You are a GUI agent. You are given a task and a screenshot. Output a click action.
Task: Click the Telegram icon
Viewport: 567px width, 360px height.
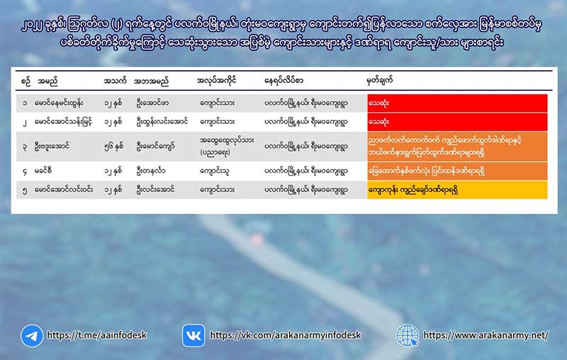(x=32, y=336)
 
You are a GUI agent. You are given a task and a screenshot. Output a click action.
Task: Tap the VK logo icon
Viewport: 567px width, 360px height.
(x=193, y=336)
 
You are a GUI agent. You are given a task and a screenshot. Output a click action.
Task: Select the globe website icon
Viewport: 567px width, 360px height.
(x=407, y=335)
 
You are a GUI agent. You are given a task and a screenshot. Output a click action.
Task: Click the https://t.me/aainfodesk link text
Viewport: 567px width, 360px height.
(x=97, y=335)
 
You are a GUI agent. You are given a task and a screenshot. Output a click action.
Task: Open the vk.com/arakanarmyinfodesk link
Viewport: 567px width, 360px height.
(x=286, y=335)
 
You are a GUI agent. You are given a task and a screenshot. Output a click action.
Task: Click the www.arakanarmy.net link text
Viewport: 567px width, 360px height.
(x=486, y=335)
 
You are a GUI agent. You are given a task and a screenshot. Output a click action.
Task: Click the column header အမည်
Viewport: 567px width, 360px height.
(x=47, y=81)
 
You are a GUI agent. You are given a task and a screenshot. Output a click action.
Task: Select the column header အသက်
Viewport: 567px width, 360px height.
(x=115, y=81)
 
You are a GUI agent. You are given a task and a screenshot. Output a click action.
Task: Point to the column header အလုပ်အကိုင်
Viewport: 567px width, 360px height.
(x=216, y=80)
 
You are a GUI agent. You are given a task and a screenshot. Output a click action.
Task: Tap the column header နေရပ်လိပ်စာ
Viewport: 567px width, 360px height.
(x=283, y=80)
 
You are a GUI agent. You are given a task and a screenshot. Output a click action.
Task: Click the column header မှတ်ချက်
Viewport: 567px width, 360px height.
(x=379, y=80)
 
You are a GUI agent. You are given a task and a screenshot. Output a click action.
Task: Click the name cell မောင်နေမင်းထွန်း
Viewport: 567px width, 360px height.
(x=59, y=103)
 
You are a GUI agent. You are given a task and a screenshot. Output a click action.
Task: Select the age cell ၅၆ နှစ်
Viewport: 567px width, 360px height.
(x=113, y=147)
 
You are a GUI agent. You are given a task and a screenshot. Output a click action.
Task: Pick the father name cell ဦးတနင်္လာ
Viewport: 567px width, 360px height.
(x=151, y=171)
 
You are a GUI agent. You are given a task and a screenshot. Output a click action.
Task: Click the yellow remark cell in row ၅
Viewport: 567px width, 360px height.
(x=457, y=190)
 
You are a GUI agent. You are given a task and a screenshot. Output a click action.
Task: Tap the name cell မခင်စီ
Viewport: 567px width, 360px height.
(x=43, y=171)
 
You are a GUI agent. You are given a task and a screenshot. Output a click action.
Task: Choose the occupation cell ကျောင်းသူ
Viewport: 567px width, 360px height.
(x=215, y=171)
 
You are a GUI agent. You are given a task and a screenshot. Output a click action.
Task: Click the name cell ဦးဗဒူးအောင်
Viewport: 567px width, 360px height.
(x=52, y=147)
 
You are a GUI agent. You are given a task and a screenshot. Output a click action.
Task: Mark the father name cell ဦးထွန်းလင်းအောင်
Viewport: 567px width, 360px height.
(x=162, y=122)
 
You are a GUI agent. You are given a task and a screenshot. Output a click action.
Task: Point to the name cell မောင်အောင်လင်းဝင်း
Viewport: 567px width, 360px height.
(x=64, y=190)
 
